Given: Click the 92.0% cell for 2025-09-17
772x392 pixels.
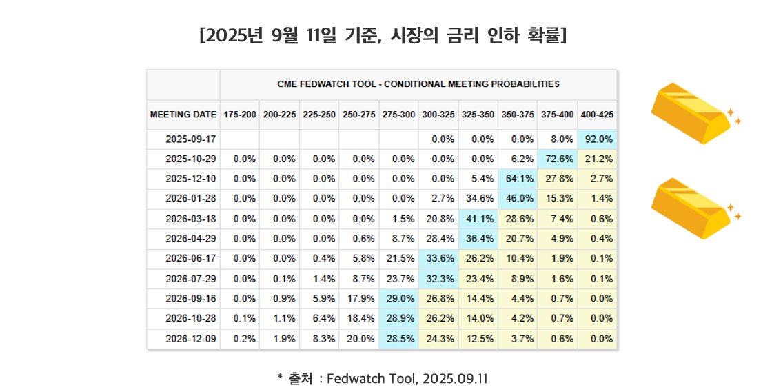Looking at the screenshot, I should (x=598, y=139).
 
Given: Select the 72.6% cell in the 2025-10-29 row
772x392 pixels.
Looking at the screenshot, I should (x=558, y=159).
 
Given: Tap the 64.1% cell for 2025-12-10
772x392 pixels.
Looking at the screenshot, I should (x=518, y=179).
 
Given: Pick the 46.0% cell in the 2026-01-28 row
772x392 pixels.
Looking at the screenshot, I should (x=518, y=199).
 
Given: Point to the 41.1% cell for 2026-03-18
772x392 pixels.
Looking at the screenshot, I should (x=478, y=219).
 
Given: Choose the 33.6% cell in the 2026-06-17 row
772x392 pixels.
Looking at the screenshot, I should (x=438, y=259).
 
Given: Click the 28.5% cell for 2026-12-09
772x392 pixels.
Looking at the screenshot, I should (x=398, y=339).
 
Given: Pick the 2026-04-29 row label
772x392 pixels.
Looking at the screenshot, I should (x=190, y=239).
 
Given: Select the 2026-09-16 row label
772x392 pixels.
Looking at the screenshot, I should (x=190, y=299).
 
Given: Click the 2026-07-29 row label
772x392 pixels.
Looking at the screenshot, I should (x=190, y=279).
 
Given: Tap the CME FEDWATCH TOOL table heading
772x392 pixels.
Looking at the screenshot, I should (x=418, y=84).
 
